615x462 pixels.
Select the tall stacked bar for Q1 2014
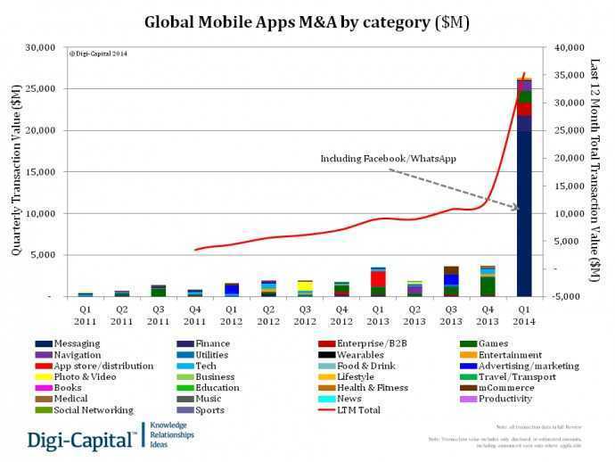(524, 187)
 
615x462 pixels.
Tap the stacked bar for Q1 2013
(378, 282)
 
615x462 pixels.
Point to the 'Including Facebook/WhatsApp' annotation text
(389, 159)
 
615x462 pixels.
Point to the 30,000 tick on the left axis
(42, 47)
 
